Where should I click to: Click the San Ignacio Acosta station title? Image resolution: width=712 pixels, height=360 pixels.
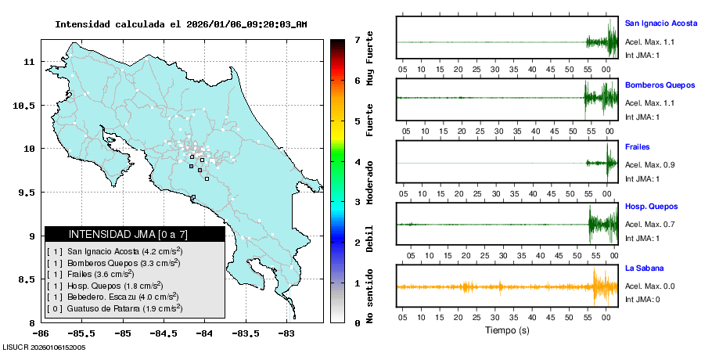tap(660, 23)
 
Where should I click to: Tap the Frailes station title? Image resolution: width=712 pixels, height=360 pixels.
tap(638, 147)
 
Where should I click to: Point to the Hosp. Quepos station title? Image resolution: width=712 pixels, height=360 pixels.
tap(651, 207)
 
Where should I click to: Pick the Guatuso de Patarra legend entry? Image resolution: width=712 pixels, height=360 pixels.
tap(116, 308)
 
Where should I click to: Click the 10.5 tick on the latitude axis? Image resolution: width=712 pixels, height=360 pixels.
tap(26, 106)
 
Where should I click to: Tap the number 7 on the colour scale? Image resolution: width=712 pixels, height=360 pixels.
tap(357, 39)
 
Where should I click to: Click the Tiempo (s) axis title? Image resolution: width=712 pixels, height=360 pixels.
tap(507, 330)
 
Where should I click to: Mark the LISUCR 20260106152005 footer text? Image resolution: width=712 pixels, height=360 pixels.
tap(44, 347)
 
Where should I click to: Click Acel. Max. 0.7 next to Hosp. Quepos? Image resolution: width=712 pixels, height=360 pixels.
tap(649, 225)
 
